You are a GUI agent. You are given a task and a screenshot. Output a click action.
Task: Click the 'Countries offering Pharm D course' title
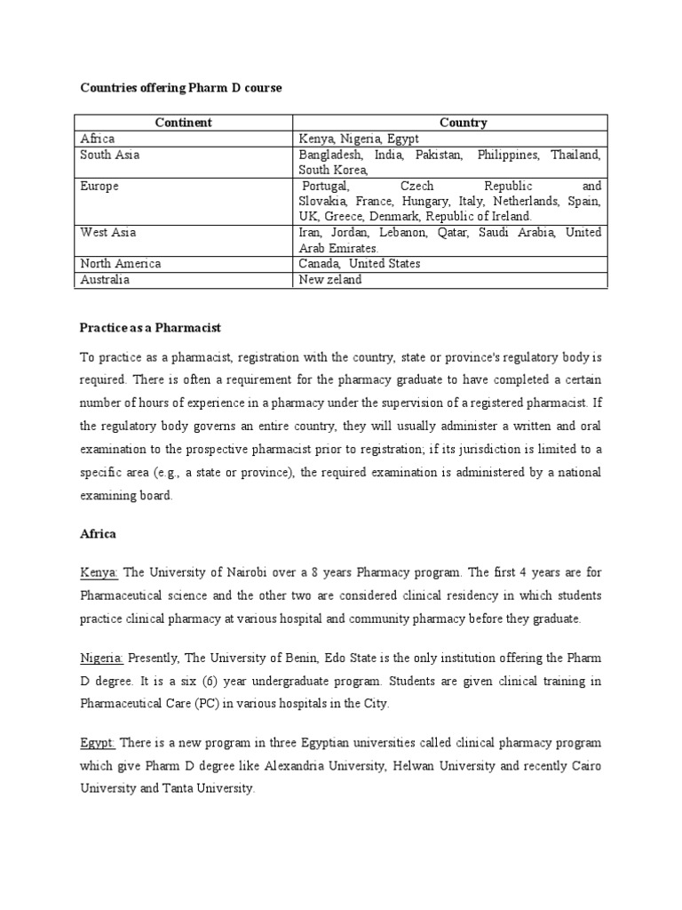coord(180,88)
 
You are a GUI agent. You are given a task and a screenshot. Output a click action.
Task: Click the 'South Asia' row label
coord(110,155)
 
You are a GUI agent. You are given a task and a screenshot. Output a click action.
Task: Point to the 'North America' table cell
coord(121,264)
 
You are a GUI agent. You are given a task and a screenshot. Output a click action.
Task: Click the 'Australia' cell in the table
coord(105,280)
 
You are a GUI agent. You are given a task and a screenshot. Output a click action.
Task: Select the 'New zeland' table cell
coord(330,280)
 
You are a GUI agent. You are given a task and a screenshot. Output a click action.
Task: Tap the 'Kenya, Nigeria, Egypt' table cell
coord(359,139)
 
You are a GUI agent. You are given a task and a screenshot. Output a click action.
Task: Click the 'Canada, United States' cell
coord(360,264)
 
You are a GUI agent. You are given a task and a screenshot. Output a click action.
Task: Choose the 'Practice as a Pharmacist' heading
coord(150,329)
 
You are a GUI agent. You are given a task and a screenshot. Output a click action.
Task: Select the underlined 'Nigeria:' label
coord(102,658)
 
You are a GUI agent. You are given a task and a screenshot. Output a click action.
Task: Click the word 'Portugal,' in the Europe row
coord(326,187)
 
